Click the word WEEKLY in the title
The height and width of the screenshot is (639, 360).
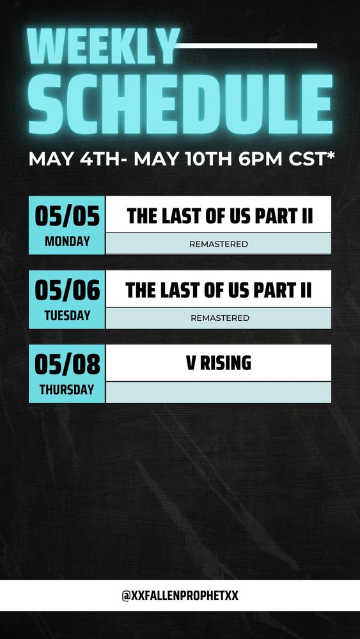pyautogui.click(x=102, y=47)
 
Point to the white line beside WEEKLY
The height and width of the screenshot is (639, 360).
pyautogui.click(x=247, y=45)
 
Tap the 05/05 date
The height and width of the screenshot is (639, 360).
pyautogui.click(x=67, y=217)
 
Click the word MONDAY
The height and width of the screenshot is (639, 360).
pyautogui.click(x=67, y=242)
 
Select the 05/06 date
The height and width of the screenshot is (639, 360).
pyautogui.click(x=67, y=291)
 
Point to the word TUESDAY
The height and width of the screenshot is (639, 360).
pyautogui.click(x=67, y=316)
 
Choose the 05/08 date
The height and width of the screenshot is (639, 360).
pyautogui.click(x=67, y=365)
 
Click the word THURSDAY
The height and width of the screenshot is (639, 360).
pyautogui.click(x=67, y=390)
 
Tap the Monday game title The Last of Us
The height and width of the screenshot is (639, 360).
pyautogui.click(x=219, y=216)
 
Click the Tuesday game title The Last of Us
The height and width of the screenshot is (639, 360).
pyautogui.click(x=219, y=290)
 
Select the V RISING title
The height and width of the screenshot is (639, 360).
pyautogui.click(x=218, y=364)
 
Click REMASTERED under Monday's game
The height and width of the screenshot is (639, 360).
pyautogui.click(x=219, y=244)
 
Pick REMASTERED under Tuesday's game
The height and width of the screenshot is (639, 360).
pyautogui.click(x=219, y=318)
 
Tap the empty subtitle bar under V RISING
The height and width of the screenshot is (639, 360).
pyautogui.click(x=219, y=392)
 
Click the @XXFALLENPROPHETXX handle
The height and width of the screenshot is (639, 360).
pyautogui.click(x=180, y=596)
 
